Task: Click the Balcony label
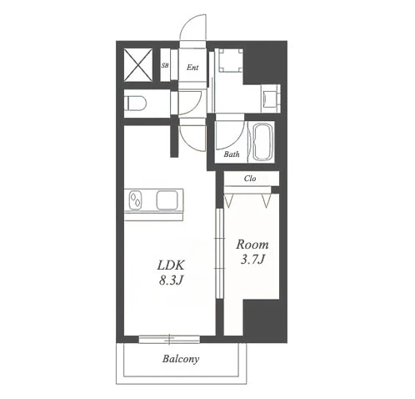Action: coord(181,359)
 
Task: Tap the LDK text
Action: coord(171,265)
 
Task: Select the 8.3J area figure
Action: coord(171,280)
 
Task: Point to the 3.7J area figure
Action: coord(252,260)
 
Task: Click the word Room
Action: coord(252,245)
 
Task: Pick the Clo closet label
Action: coord(250,179)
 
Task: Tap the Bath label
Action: coord(232,154)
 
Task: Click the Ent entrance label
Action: coord(192,68)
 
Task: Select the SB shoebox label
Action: coord(165,66)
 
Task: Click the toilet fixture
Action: coord(135,104)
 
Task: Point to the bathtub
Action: coord(262,142)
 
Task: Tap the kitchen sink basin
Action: coord(167,199)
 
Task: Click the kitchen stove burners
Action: coord(135,199)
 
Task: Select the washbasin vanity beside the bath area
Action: coord(271,98)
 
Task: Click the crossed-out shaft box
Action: coord(137,65)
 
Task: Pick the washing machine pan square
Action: coord(229,60)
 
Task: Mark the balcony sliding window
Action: coord(169,339)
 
